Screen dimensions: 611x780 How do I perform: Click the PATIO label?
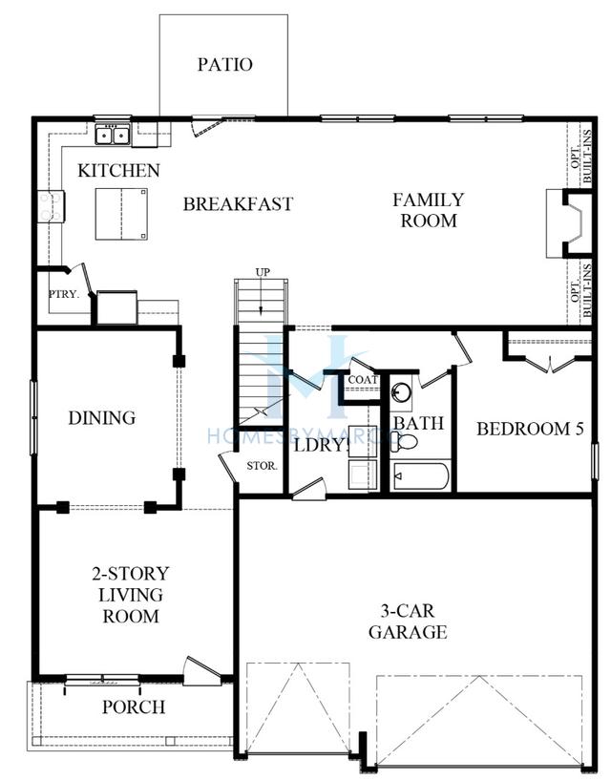point(225,64)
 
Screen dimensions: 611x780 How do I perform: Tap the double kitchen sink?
point(113,135)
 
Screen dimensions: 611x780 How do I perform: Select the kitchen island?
point(121,214)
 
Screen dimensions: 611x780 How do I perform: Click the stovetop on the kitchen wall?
point(51,206)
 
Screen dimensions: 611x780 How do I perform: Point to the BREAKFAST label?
point(238,204)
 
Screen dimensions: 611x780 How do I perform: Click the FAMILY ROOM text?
point(428,210)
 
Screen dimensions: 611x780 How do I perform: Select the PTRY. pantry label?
point(64,294)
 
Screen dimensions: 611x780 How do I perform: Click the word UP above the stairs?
point(263,272)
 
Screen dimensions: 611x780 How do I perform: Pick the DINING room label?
point(101,418)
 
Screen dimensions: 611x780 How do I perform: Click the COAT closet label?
point(363,380)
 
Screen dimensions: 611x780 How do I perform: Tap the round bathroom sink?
point(401,392)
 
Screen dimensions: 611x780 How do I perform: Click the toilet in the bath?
point(404,441)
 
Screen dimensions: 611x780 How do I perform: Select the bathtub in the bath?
point(421,476)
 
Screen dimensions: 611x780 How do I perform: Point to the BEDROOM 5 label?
point(530,429)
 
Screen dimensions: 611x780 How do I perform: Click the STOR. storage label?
point(262,466)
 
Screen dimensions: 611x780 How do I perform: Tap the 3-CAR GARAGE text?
point(408,622)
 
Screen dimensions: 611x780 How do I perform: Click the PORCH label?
point(134,706)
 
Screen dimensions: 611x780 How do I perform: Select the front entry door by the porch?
point(201,671)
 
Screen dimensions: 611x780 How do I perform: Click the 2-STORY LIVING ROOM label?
point(131,595)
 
